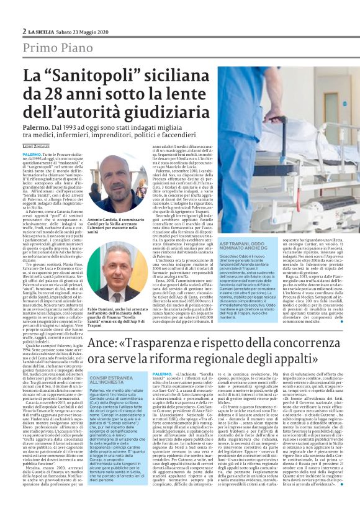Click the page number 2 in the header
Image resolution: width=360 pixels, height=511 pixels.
point(24,32)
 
